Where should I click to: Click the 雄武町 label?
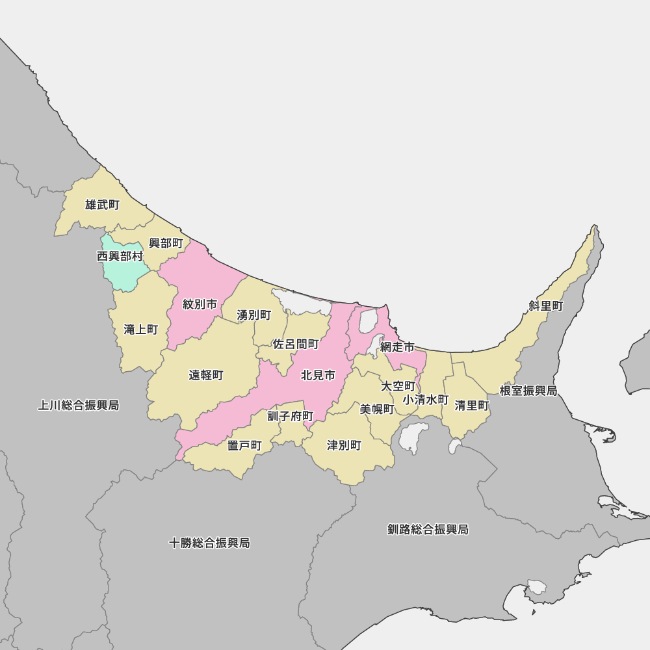102,205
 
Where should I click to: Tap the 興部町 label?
166,243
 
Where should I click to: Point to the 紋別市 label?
200,304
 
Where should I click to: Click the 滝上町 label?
141,330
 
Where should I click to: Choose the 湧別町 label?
254,315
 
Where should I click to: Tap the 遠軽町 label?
206,375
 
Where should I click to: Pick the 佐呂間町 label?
296,344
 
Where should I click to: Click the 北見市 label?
318,375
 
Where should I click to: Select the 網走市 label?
397,347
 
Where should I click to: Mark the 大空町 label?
398,386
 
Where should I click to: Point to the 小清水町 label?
426,399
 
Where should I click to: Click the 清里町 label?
472,406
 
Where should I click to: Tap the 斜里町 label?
546,305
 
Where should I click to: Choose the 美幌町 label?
378,409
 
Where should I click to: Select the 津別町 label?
344,445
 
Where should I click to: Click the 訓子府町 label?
291,416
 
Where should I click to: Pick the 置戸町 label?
244,445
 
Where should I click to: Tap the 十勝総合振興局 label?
209,543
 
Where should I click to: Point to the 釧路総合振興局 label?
428,530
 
